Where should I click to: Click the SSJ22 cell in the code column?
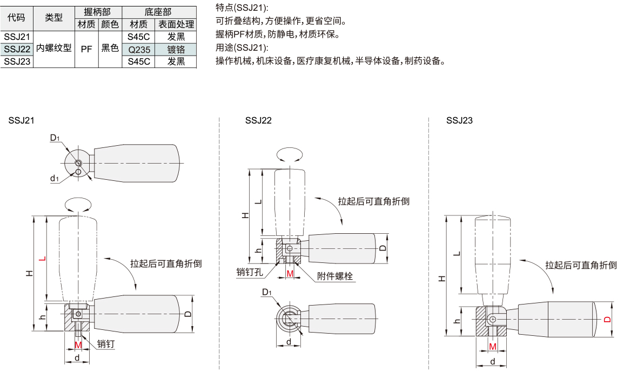point(17,49)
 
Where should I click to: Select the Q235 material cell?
point(138,49)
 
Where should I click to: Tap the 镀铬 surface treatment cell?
point(176,49)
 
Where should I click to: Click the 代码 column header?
point(17,18)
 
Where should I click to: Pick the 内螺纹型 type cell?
point(53,48)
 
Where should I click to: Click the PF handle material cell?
point(86,49)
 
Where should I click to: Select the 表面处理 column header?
point(176,24)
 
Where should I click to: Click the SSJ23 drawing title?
point(459,120)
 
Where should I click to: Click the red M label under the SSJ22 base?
point(290,274)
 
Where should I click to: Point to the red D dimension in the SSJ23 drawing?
point(608,320)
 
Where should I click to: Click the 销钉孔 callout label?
point(249,272)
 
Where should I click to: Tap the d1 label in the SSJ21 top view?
point(54,179)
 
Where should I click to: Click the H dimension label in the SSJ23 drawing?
point(441,279)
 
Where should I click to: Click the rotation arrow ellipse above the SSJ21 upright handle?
point(78,205)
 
